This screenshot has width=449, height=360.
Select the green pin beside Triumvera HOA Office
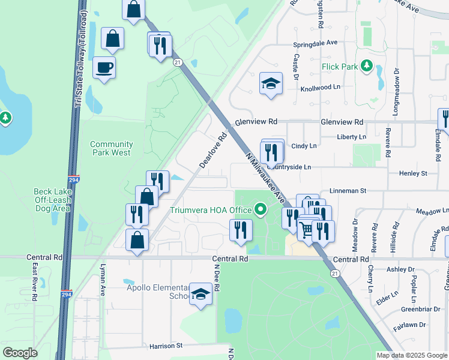(260, 210)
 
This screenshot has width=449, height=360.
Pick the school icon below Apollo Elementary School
(201, 293)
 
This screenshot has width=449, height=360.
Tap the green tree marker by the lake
(5, 118)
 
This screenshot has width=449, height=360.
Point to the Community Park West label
(110, 148)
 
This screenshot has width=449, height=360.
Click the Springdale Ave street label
(315, 44)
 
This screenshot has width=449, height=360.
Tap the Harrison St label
(163, 346)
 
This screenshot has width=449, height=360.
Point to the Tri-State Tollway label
(78, 60)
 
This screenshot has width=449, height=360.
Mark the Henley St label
(412, 173)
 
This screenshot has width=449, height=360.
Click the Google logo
(20, 353)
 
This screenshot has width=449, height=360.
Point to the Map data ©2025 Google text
(411, 355)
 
